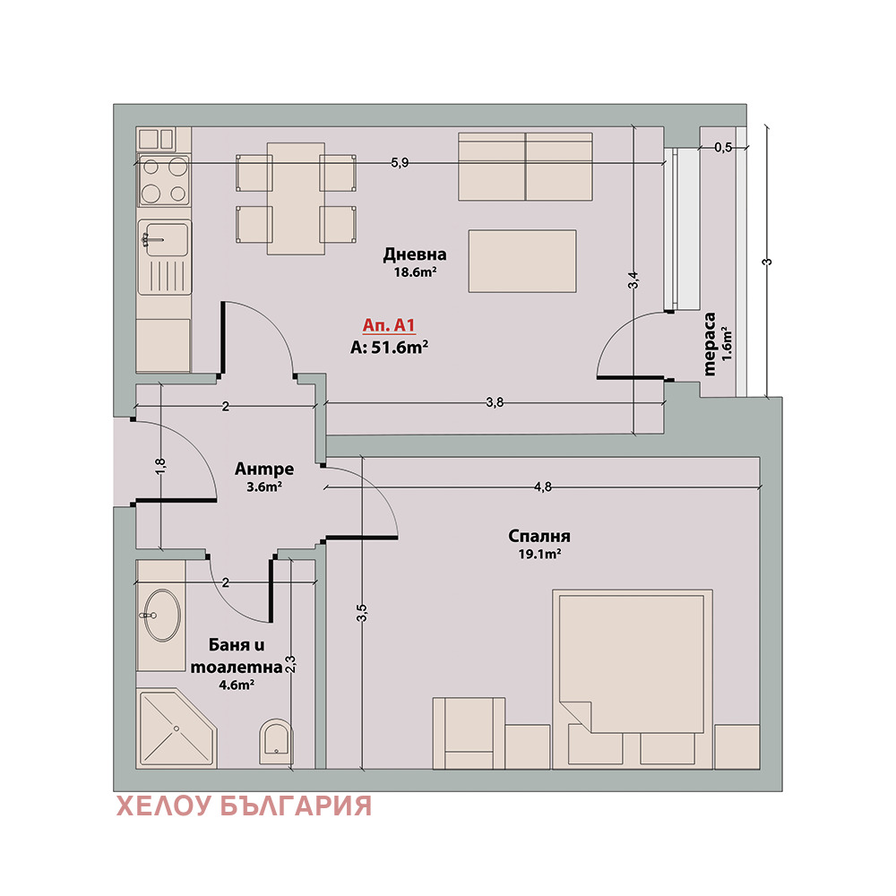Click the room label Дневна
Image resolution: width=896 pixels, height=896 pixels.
(415, 254)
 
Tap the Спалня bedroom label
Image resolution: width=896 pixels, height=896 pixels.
(538, 536)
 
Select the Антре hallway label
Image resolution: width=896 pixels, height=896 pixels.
(264, 470)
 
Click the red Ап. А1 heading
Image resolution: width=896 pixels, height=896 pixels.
(389, 325)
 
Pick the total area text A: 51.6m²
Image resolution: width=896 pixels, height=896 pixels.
(389, 347)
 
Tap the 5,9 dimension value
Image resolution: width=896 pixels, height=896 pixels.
(400, 163)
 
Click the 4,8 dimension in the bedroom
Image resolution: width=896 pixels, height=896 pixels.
(543, 487)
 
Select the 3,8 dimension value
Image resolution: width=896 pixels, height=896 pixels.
(495, 402)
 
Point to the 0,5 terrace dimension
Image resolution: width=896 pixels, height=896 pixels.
(723, 148)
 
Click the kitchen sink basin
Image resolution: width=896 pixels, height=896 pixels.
(167, 239)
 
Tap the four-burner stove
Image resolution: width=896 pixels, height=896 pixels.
(164, 181)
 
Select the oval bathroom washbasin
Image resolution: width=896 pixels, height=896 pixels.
(162, 615)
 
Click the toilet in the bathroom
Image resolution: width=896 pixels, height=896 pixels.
(276, 741)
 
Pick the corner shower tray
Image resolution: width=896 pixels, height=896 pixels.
(177, 728)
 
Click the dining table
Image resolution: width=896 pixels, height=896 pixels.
(296, 198)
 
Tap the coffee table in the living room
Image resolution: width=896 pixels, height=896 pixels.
(522, 261)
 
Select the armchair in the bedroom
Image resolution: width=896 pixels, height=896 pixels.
(469, 733)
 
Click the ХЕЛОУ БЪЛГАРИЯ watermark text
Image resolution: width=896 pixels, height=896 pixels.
(244, 806)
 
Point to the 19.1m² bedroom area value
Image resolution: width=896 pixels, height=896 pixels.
(539, 554)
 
